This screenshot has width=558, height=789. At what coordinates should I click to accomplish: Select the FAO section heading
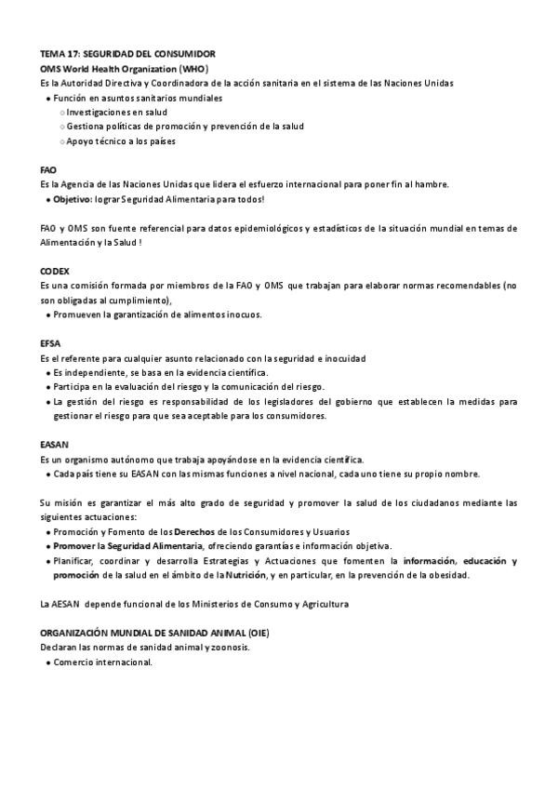tap(48, 170)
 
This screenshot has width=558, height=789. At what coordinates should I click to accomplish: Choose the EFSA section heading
tap(50, 343)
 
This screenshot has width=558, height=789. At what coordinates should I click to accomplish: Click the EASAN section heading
tap(54, 445)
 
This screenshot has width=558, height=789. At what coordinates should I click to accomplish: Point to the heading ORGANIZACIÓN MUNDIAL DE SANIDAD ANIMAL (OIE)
tap(155, 633)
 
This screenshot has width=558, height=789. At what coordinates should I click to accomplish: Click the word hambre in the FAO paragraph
tap(432, 184)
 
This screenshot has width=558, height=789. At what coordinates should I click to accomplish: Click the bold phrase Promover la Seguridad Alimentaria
tap(127, 546)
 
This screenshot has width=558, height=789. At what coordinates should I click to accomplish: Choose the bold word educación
tap(485, 561)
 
